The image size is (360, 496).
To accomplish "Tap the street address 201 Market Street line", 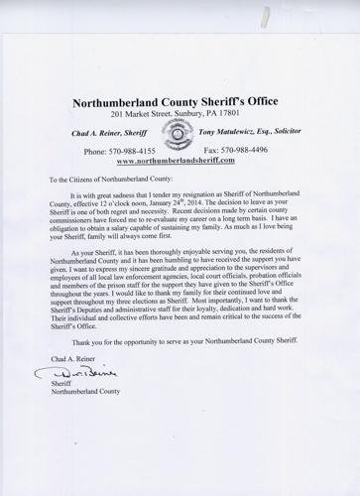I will pos(180,116).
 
